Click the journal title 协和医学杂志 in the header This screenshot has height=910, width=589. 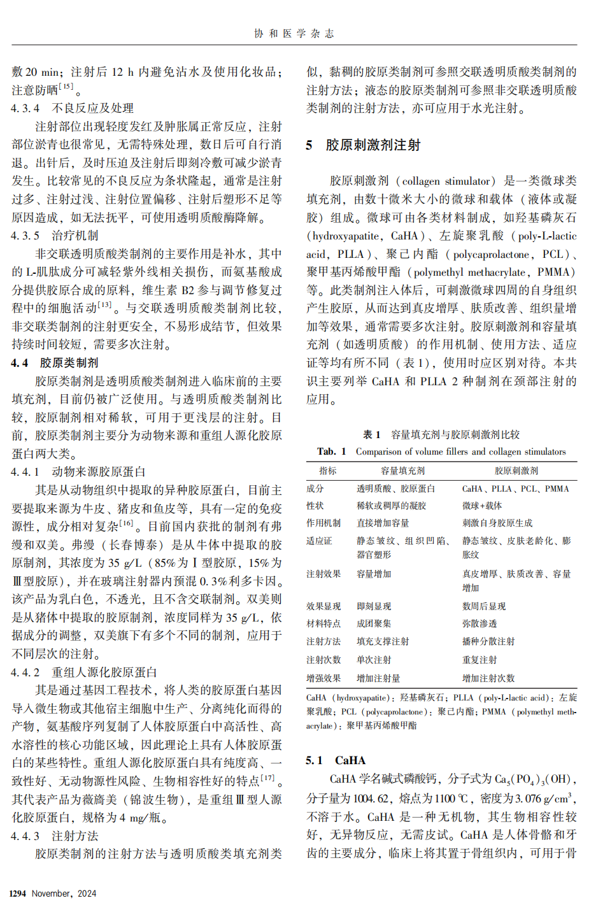point(294,34)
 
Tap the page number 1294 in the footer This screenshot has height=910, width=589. point(18,893)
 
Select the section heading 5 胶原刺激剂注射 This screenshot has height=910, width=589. point(364,145)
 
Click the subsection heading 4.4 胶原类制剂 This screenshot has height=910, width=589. point(55,363)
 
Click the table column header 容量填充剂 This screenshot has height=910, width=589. point(402,471)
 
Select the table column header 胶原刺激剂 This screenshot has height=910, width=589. point(516,471)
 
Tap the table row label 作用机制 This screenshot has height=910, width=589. point(323,523)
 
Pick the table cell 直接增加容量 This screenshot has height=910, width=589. point(383,523)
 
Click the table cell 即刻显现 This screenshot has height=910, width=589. point(374,606)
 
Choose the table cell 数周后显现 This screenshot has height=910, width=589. point(484,606)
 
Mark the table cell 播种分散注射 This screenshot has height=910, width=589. point(488,641)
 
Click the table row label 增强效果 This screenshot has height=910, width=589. point(323,678)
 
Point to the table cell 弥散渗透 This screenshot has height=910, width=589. point(479,623)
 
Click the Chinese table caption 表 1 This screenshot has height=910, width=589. point(371,434)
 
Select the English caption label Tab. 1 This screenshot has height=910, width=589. point(331,451)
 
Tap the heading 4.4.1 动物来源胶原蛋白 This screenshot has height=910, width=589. point(78,472)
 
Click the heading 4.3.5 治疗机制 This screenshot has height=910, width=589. point(55,236)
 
